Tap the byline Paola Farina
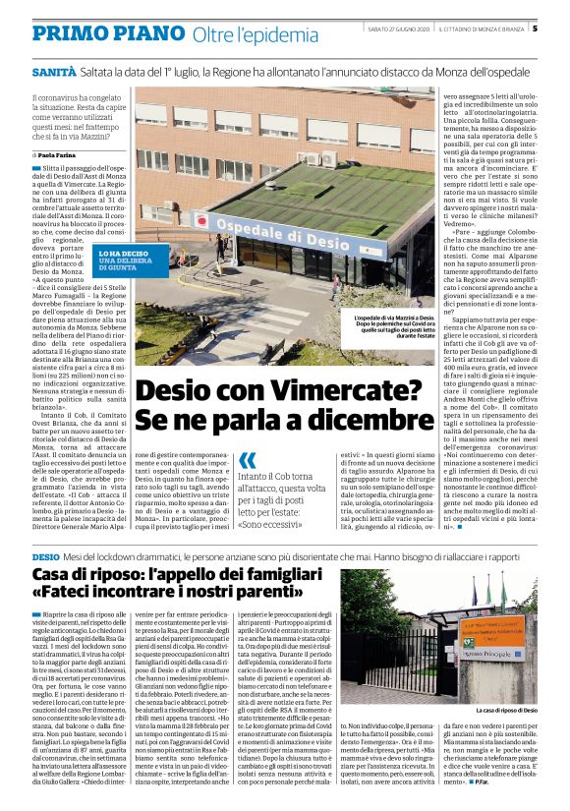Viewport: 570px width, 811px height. pos(61,156)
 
